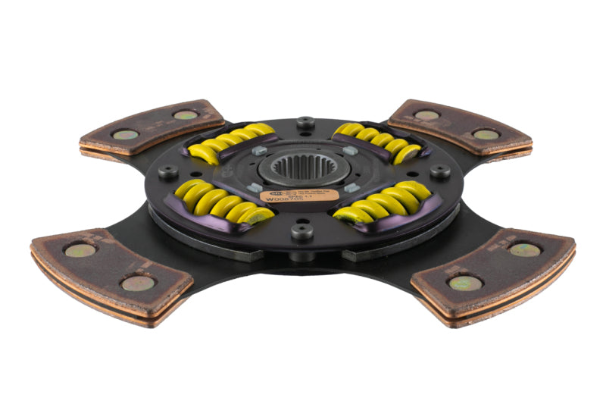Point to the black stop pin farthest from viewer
pos(305,121)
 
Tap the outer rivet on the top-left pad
pos(126,135)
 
